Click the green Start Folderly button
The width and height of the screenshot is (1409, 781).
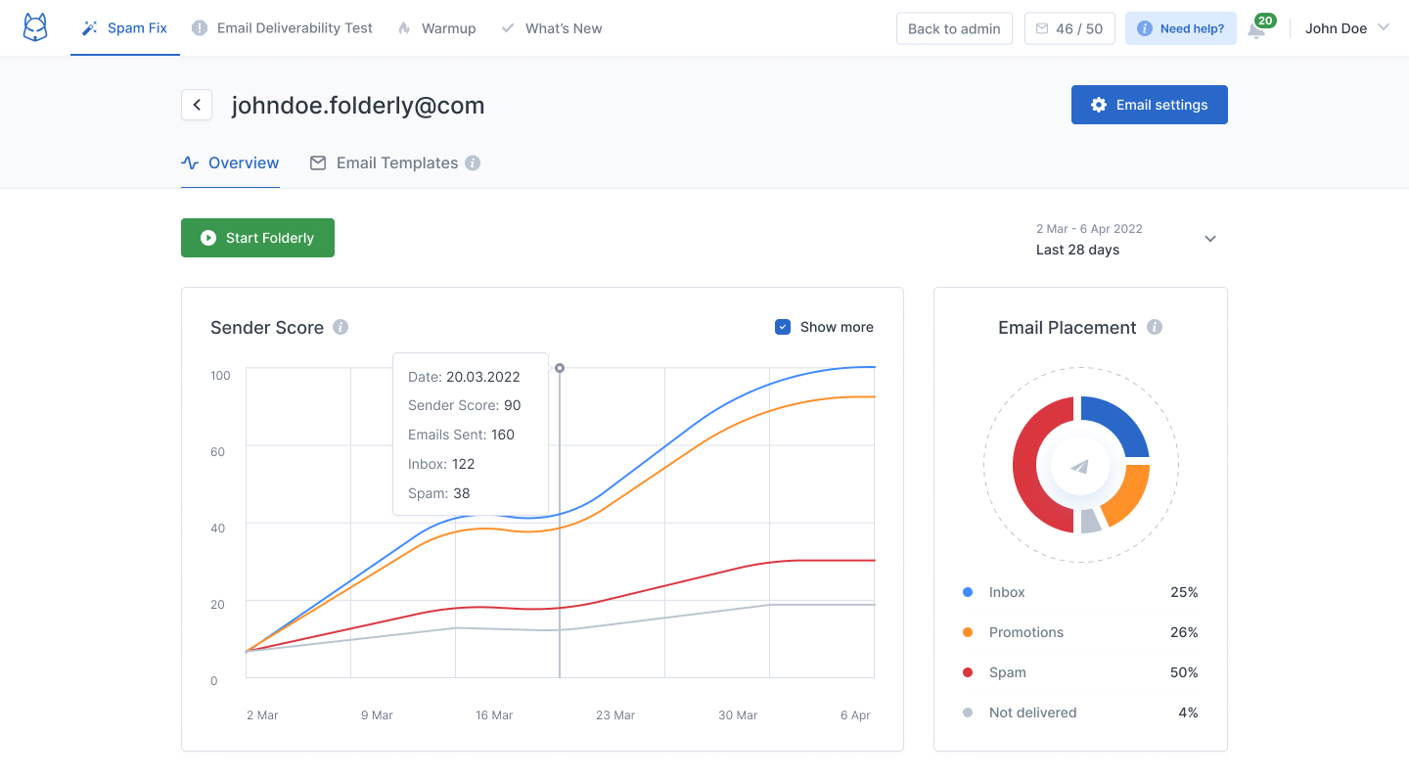pos(257,238)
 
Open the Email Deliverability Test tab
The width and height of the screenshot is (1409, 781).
pos(283,28)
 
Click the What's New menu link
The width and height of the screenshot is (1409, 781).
pos(552,28)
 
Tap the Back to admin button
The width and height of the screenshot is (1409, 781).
pos(954,28)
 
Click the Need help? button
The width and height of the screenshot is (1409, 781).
pos(1181,28)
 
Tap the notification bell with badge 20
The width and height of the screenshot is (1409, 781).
pos(1257,29)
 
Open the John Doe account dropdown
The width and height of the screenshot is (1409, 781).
pos(1346,28)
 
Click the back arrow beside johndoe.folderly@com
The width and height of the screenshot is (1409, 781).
pos(197,105)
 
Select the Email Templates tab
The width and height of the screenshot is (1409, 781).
pos(396,163)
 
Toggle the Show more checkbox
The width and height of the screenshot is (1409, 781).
pos(783,327)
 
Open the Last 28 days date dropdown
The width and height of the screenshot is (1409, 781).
pos(1209,239)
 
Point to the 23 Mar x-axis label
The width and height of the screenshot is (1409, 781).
pos(615,715)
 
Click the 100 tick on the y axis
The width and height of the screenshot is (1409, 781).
pos(220,376)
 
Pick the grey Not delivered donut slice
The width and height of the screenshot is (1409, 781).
pos(1090,521)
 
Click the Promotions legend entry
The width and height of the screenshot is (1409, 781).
pos(1025,632)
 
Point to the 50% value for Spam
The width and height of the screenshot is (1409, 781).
pos(1184,672)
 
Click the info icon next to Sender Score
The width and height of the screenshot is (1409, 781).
pos(341,327)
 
